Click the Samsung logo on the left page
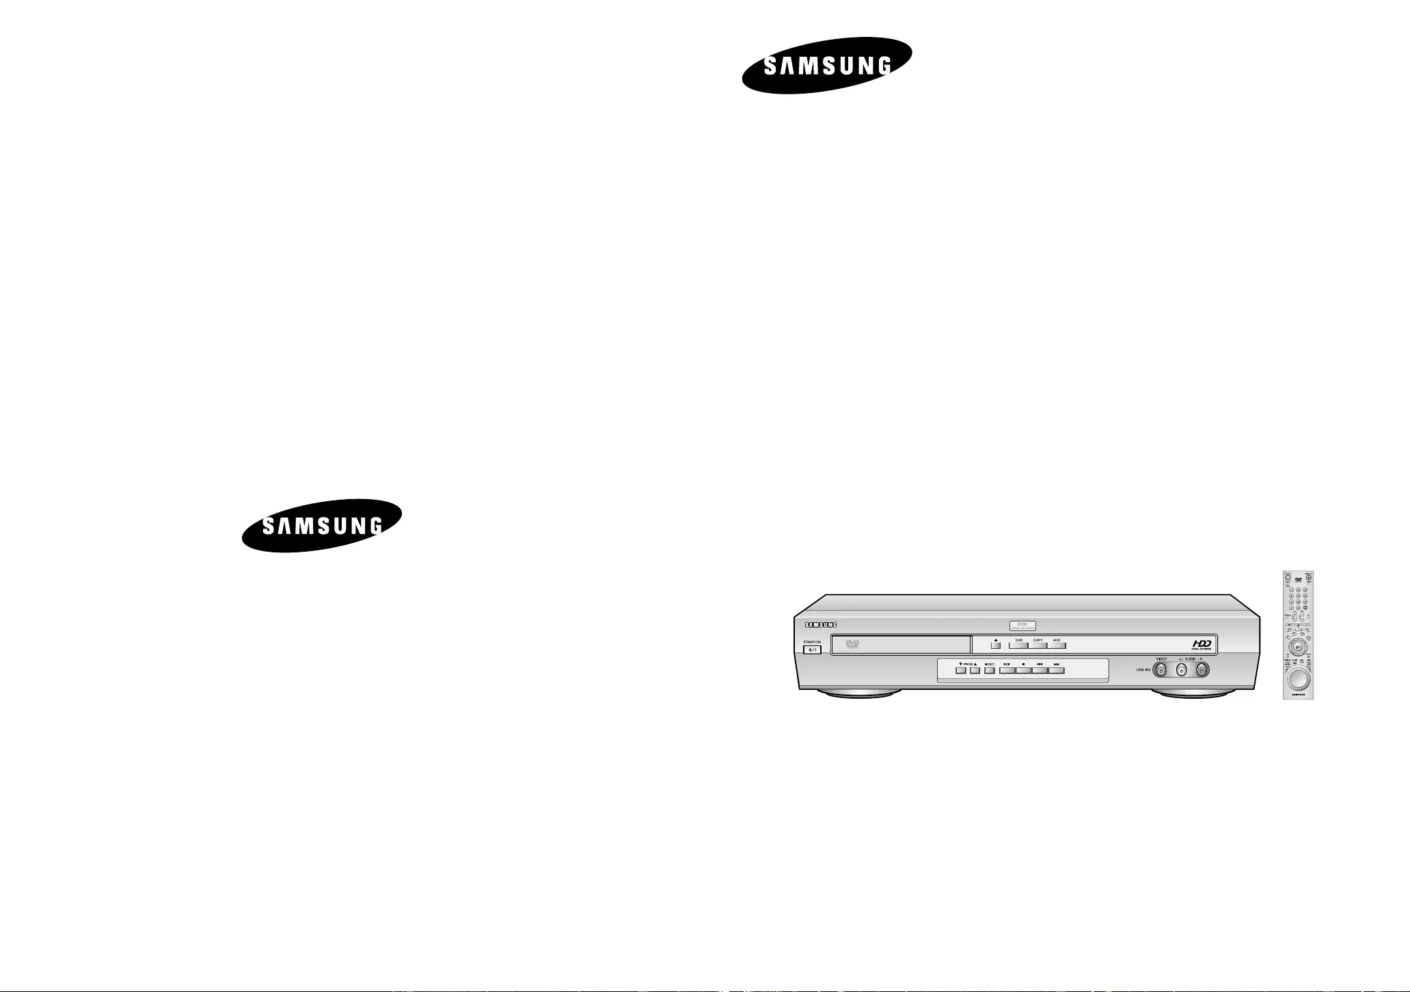click(322, 525)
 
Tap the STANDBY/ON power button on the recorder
click(812, 649)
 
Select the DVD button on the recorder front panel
click(1018, 645)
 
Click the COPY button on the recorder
click(1038, 645)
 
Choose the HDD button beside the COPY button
click(1057, 645)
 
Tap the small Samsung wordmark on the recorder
click(820, 624)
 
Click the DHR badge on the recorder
click(1023, 624)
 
